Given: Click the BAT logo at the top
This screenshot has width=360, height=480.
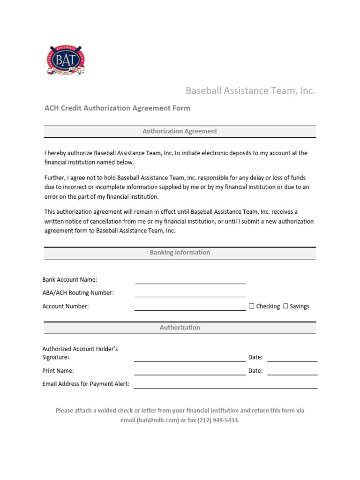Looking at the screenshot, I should (66, 60).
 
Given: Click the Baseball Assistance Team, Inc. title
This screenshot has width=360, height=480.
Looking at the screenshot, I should (250, 90).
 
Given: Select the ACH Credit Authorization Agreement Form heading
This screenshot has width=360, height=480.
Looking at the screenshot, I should (117, 108).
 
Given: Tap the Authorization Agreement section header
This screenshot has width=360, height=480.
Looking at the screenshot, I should (180, 131).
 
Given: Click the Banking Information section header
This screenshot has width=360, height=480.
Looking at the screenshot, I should (180, 253).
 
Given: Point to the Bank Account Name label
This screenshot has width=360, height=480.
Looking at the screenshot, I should (70, 280).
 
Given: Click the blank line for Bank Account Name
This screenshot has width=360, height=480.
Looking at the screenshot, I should (190, 281).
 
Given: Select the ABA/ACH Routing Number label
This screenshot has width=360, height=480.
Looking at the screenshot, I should (78, 293).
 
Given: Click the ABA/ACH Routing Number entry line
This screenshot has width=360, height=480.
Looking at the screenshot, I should (190, 294).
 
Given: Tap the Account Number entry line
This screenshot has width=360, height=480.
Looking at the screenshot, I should (190, 307).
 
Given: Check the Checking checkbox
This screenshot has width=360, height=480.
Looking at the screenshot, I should (252, 306).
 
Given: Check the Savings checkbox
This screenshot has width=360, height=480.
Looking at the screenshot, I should (285, 306).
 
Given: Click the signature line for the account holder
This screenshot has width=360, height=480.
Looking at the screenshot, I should (190, 358).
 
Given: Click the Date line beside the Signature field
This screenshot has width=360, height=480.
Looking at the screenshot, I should (292, 358).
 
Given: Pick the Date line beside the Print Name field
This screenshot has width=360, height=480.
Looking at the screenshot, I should (292, 372).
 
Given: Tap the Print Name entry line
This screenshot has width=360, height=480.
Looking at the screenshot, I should (190, 372).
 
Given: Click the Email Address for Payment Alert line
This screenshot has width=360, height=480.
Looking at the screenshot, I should (225, 385).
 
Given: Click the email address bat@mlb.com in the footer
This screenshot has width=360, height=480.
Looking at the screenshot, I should (158, 420).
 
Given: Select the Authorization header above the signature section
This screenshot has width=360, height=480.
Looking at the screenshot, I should (180, 328).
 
